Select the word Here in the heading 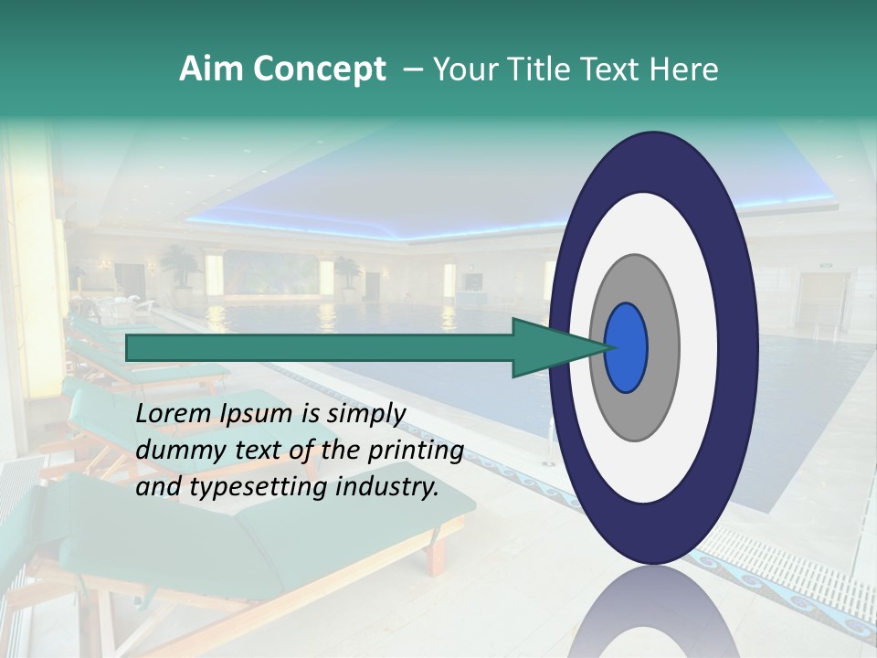click(683, 69)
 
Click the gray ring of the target click(662, 347)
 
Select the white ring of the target click(699, 347)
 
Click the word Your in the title click(462, 69)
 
